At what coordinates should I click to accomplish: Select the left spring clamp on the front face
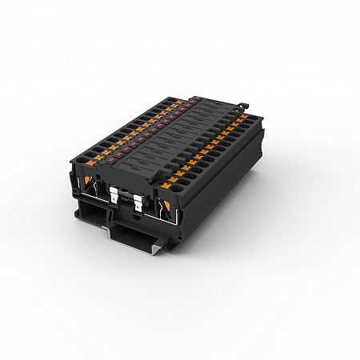(x=93, y=187)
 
